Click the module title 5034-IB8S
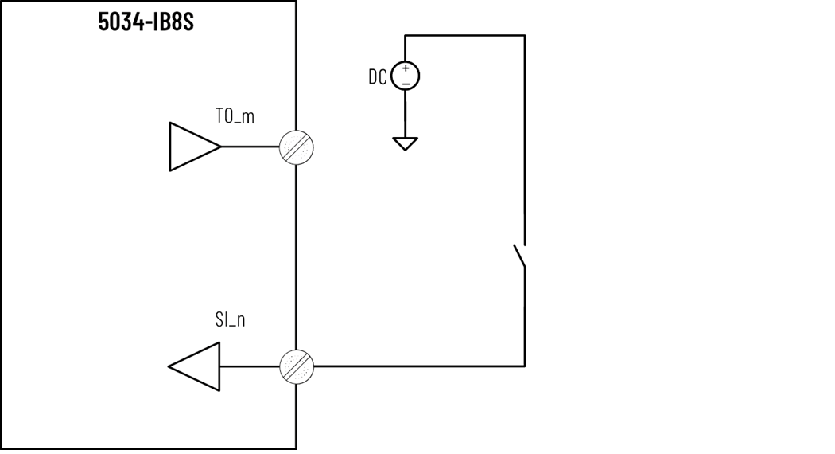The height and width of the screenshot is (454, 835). (146, 22)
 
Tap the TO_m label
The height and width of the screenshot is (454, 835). (235, 116)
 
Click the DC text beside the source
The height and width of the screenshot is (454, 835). (378, 76)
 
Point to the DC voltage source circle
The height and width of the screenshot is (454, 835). (406, 76)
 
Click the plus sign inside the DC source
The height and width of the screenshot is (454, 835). (406, 68)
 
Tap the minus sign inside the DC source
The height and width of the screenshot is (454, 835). (406, 83)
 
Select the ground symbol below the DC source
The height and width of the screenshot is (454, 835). (406, 143)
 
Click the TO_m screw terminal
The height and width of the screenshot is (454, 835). (297, 147)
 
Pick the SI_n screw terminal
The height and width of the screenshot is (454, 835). (297, 366)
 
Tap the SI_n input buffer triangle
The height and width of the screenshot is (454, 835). (196, 366)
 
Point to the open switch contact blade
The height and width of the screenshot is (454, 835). (519, 256)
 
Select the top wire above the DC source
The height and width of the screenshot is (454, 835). (465, 35)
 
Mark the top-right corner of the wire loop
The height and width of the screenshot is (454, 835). (524, 35)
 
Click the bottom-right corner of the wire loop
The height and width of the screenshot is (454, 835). (524, 366)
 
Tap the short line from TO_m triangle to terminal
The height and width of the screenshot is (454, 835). (250, 147)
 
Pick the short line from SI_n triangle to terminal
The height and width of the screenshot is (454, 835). (250, 366)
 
